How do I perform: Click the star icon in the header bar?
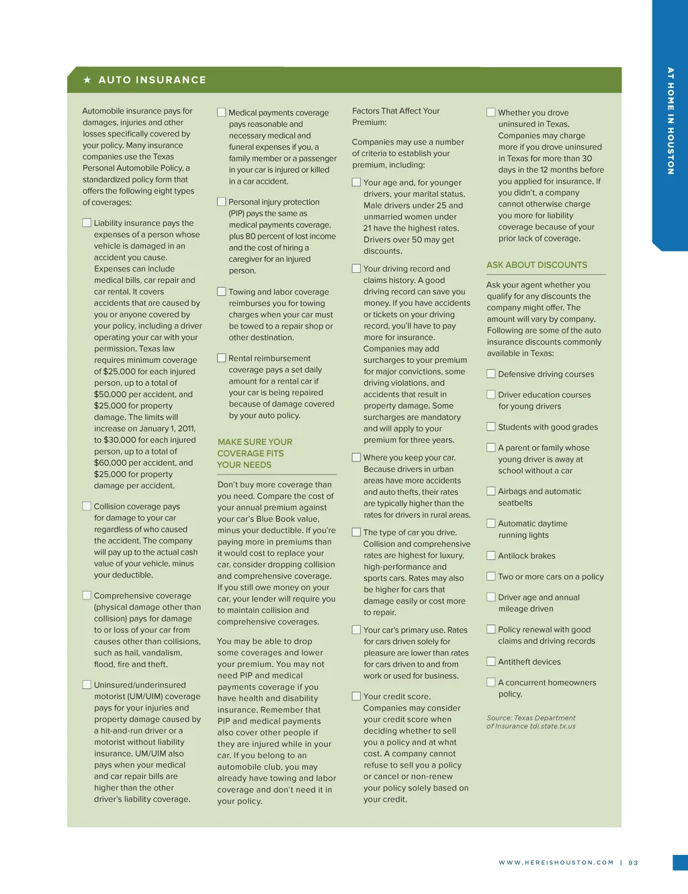pos(87,80)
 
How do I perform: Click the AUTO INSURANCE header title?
pos(153,80)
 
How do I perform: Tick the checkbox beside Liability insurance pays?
pos(87,222)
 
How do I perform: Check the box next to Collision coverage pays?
pos(87,506)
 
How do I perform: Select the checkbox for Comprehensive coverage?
pos(87,596)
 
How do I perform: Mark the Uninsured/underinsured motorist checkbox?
pos(87,685)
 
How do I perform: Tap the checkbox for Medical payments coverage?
pos(222,112)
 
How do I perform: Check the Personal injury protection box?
pos(222,202)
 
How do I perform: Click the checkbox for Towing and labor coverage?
pos(222,292)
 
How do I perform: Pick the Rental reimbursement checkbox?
pos(222,358)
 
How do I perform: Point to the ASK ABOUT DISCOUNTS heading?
pos(537,265)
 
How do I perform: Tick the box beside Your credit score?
pos(357,696)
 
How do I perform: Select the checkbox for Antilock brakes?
pos(491,556)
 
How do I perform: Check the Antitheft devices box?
pos(491,661)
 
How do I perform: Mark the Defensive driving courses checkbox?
pos(491,374)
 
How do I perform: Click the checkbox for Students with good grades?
pos(491,427)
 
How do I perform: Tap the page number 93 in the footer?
pos(633,862)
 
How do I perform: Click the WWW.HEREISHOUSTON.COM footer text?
pos(556,862)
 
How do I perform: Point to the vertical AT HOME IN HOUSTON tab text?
pos(670,121)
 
